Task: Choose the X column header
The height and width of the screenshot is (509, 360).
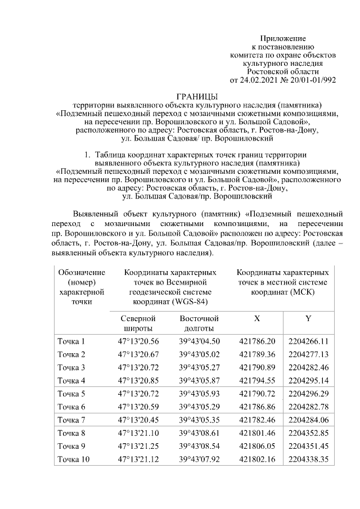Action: tap(257, 318)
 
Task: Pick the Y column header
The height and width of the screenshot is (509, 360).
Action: tap(308, 318)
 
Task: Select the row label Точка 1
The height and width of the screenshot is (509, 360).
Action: tap(71, 341)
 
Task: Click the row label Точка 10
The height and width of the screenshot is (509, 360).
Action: tap(74, 460)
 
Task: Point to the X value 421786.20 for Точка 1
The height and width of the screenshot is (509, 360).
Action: tap(257, 341)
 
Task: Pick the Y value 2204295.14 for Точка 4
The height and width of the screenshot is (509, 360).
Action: tap(308, 381)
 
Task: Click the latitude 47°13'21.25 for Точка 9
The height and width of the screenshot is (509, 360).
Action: tap(138, 447)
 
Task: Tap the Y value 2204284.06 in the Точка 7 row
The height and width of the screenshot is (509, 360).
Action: tap(308, 420)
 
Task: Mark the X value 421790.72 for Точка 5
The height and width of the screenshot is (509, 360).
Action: tap(257, 394)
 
